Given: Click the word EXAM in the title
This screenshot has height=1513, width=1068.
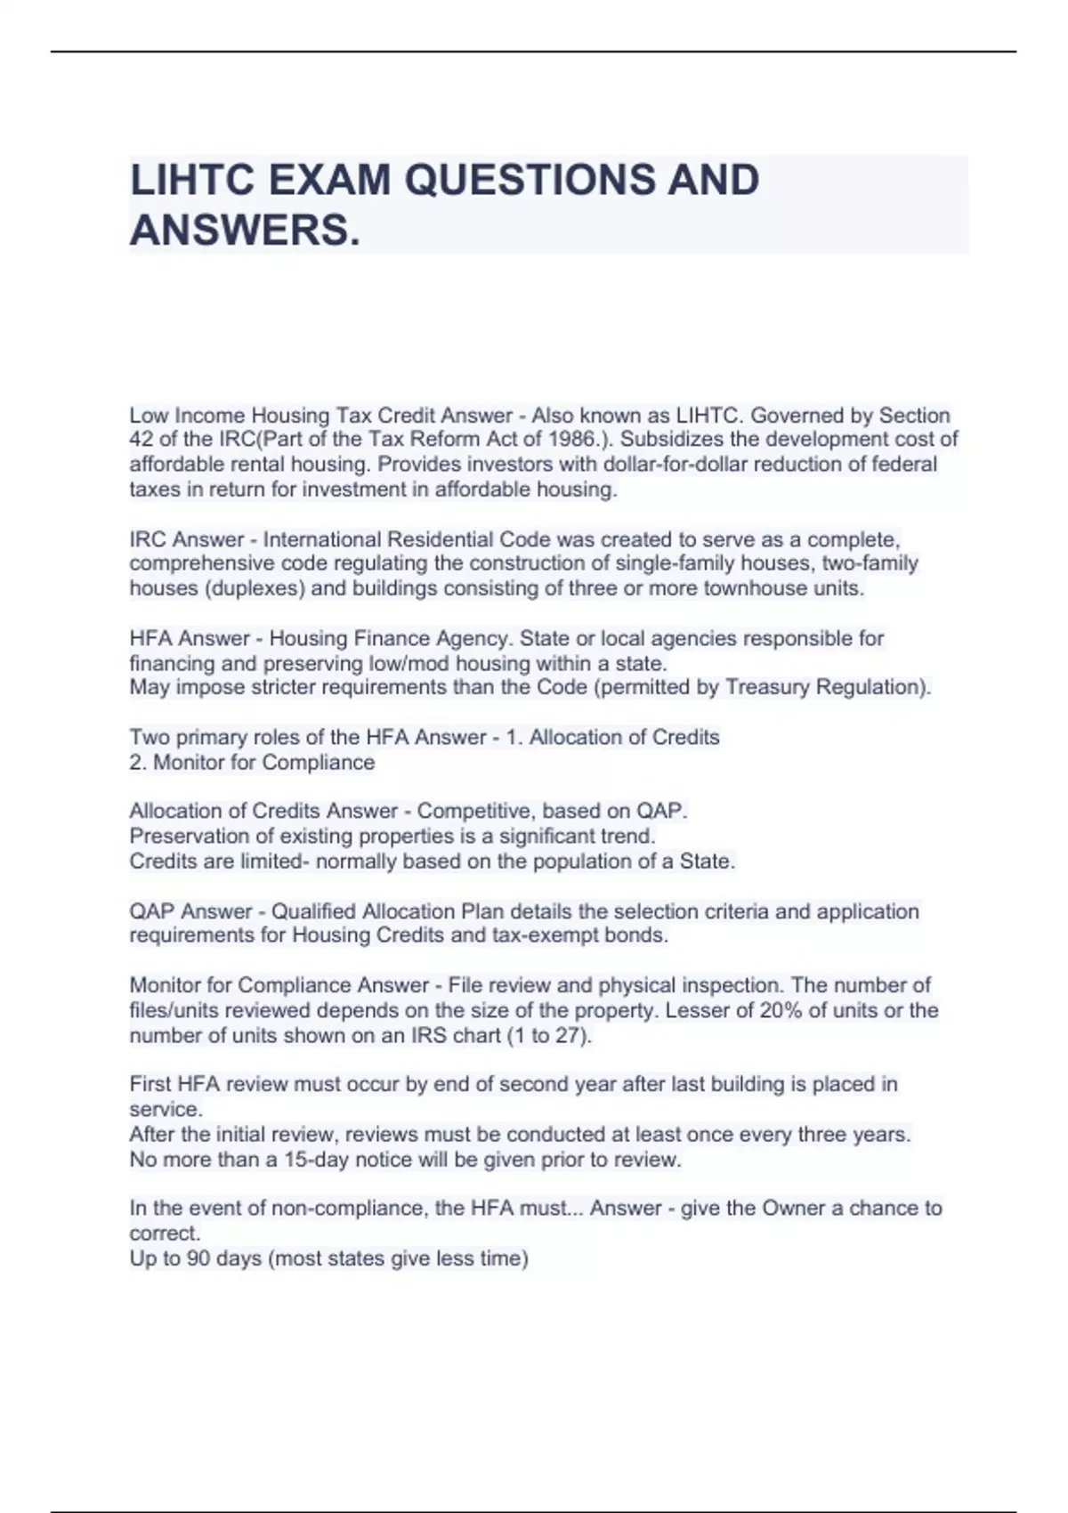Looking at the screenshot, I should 328,180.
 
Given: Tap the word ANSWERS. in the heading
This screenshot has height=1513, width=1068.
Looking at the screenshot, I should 246,231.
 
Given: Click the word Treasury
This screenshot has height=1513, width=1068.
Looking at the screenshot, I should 767,688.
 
